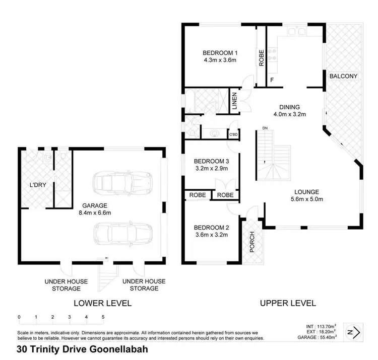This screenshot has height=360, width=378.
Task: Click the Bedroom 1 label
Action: tap(220, 53)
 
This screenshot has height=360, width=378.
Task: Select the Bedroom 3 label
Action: tap(212, 162)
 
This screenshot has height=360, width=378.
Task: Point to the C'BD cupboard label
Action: tap(233, 134)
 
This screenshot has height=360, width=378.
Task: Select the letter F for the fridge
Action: tap(272, 80)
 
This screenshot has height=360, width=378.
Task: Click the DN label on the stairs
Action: tap(265, 128)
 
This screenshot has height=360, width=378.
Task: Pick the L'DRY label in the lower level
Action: tap(37, 185)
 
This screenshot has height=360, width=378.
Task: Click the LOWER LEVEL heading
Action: tap(102, 303)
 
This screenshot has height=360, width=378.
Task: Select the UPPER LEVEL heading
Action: tap(288, 303)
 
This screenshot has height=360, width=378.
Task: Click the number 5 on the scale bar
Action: tap(103, 317)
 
